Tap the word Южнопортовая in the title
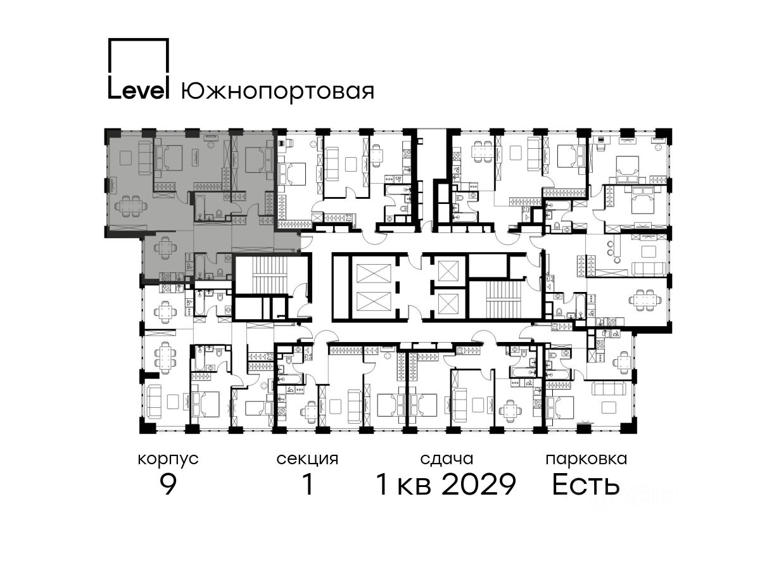coord(277,92)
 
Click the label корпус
coord(168,460)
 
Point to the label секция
coord(307,460)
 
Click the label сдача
coord(446,459)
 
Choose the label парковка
coord(586,459)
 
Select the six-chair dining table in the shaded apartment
coord(131,206)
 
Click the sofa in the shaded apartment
coord(144,158)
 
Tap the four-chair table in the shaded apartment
coord(165,247)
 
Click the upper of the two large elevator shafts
coord(373,273)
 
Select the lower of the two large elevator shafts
coord(373,302)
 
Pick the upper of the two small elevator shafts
coord(448,270)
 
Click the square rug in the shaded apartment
coord(125,158)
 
